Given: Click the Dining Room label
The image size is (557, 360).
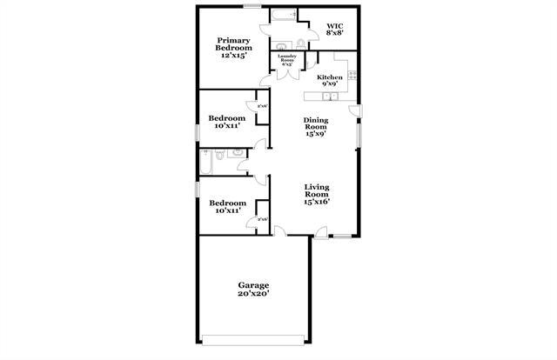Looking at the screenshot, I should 315,123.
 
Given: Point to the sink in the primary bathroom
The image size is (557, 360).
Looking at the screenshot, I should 281,45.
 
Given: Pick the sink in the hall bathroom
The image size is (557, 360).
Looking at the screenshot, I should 238,154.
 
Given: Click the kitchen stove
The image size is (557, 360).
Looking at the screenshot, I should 343,63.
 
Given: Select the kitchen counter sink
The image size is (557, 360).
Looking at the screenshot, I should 352,77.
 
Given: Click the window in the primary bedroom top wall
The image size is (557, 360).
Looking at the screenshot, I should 252,6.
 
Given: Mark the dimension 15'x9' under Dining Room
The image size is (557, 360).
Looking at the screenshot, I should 315,134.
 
